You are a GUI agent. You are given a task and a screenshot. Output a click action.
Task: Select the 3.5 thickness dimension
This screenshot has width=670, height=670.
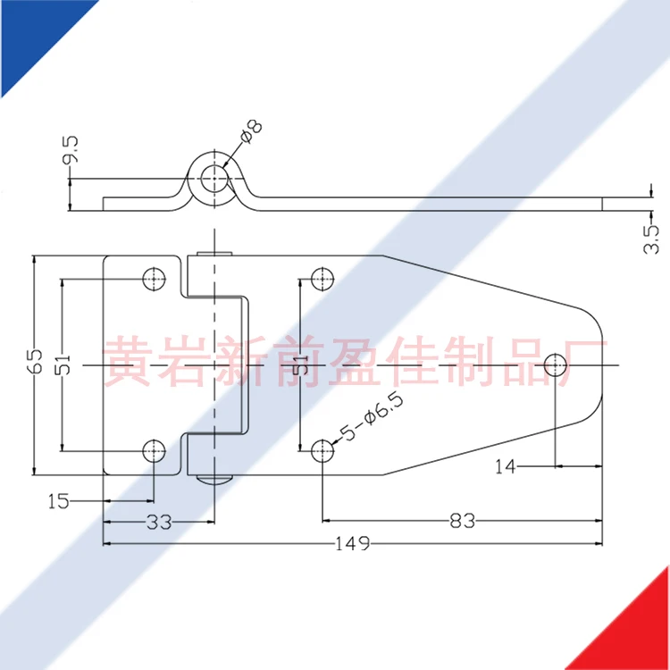651,239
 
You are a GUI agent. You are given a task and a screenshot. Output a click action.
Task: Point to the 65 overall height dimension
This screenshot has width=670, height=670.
36,362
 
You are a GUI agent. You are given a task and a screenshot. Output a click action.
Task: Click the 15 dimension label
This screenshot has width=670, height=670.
58,502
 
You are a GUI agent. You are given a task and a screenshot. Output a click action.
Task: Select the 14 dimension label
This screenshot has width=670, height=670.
506,466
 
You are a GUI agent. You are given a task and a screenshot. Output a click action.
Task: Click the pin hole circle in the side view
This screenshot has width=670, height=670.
213,179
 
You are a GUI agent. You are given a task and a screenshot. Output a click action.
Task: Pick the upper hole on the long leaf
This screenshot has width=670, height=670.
321,280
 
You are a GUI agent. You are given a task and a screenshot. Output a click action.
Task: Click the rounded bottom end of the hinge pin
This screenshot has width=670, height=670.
214,479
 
